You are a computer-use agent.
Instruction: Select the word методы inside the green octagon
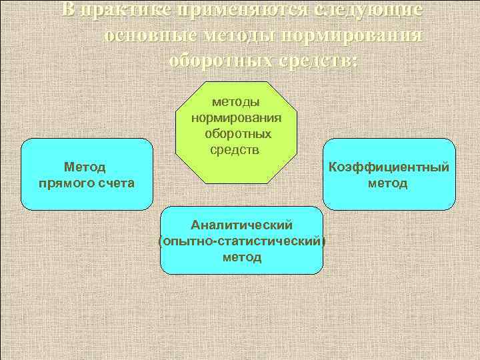coord(235,103)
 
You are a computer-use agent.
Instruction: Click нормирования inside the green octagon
coord(235,118)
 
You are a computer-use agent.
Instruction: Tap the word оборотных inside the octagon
coord(235,133)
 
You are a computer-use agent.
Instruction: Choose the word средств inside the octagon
coord(235,149)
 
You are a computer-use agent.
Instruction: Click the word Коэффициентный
coord(389,167)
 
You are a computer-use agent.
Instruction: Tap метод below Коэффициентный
coord(389,183)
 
